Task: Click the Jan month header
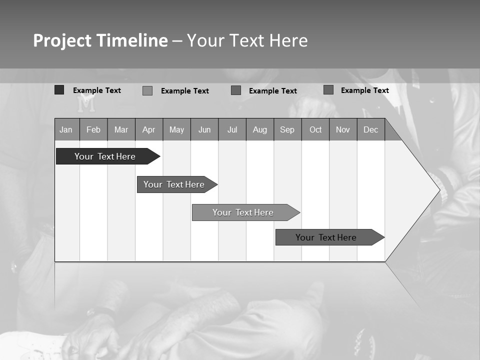click(66, 129)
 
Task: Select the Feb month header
click(93, 129)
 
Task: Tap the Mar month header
click(121, 129)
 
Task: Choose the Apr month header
click(149, 129)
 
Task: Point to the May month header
click(176, 129)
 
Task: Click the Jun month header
click(204, 129)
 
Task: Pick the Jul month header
click(232, 129)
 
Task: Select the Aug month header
click(260, 129)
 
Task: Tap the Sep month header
click(287, 129)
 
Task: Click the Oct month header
click(315, 129)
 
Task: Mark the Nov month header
click(343, 129)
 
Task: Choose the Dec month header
click(371, 129)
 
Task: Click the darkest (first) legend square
click(59, 90)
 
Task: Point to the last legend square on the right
click(328, 90)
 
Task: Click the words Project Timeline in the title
click(100, 40)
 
